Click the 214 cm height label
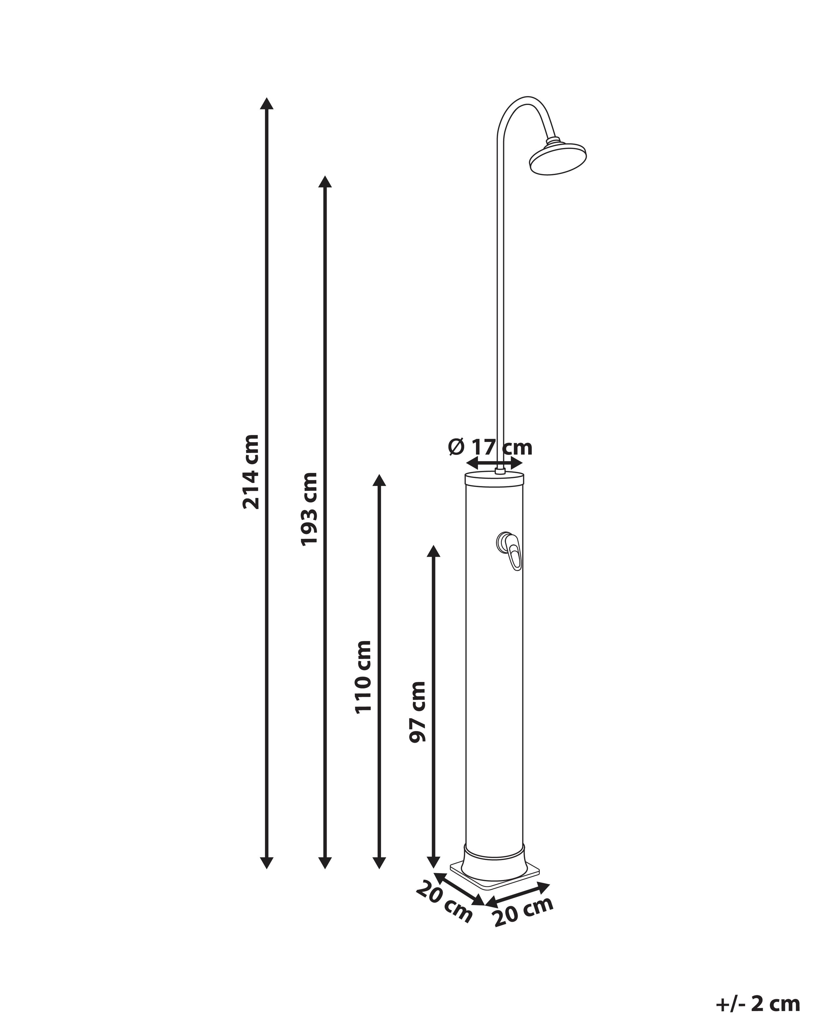(x=251, y=472)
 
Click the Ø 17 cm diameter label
(x=490, y=447)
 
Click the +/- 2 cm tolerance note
(x=758, y=1005)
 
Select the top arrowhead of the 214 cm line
(x=267, y=104)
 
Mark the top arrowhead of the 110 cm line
(x=379, y=481)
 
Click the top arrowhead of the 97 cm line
(x=433, y=551)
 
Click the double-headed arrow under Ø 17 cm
(x=494, y=463)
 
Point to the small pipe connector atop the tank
(x=500, y=471)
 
